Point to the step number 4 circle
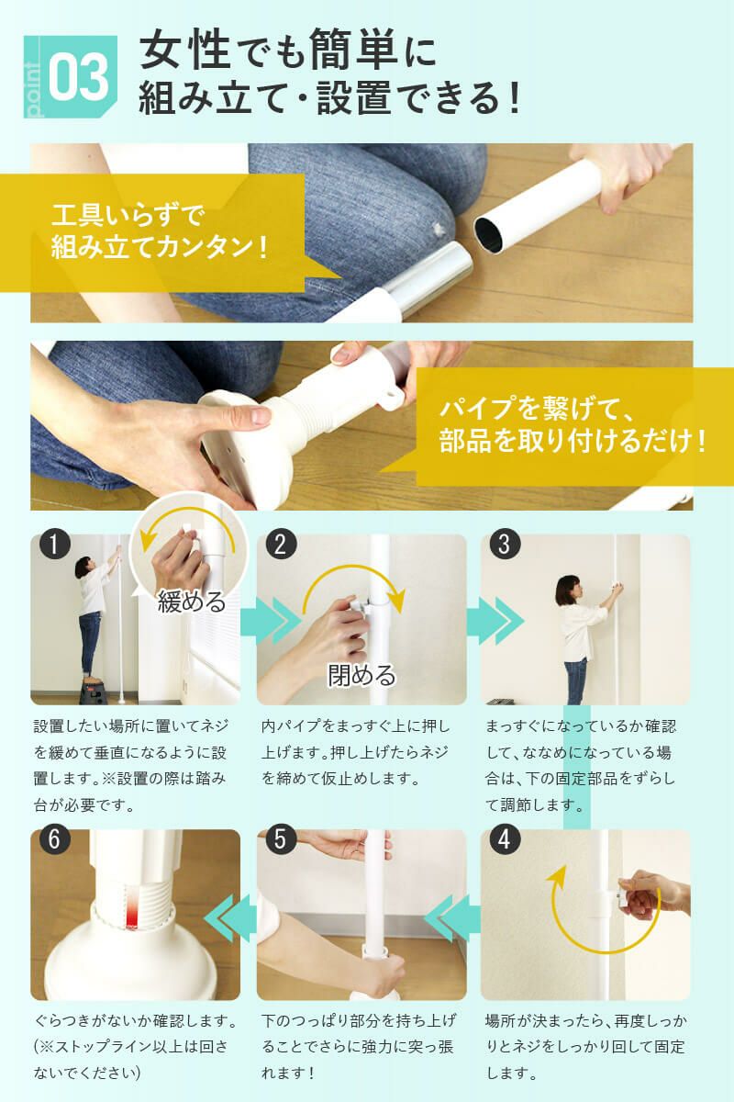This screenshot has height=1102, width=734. point(503,840)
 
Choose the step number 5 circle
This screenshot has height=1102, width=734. point(281,840)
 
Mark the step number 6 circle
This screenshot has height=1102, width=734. point(56,840)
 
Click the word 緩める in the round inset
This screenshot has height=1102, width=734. point(192,602)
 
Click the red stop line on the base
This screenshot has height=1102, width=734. point(135,909)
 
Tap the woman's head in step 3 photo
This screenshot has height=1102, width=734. point(569,585)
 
